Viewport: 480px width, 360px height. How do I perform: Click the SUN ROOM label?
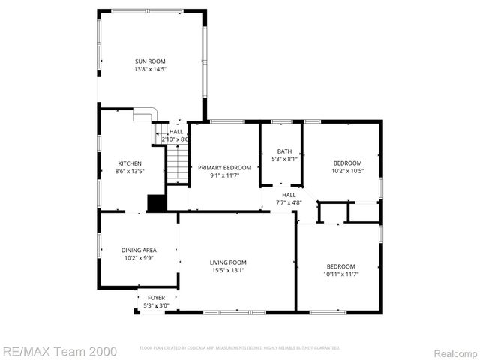(x=150, y=61)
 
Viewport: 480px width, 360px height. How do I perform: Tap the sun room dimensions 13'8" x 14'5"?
(x=150, y=69)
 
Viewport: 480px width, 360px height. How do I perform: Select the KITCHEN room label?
(x=130, y=163)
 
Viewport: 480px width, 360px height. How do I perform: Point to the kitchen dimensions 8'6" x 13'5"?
(x=130, y=171)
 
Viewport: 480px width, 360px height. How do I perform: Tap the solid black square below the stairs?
(x=157, y=203)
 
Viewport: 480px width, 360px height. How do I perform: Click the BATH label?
(x=284, y=151)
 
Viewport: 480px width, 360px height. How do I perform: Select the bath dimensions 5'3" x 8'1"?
(x=284, y=159)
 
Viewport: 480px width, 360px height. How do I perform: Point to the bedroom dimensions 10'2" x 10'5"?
(x=347, y=171)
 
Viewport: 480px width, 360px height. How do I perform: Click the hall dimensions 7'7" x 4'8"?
(x=289, y=202)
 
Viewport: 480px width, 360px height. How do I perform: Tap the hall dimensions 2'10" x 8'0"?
(x=175, y=139)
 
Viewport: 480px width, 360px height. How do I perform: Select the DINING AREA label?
(x=139, y=250)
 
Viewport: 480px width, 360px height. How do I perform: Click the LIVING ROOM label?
(x=228, y=262)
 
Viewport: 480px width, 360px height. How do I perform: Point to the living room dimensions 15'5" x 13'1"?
(x=228, y=270)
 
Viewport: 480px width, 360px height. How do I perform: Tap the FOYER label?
(x=156, y=298)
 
